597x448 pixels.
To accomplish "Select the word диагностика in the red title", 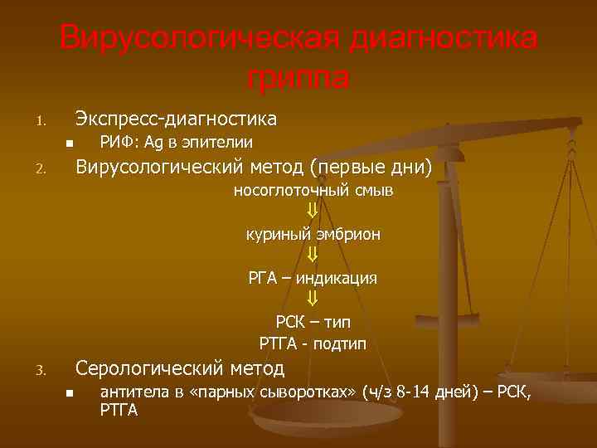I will click(444, 38).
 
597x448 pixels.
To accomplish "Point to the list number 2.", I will click(39, 171).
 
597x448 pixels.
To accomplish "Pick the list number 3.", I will click(39, 371).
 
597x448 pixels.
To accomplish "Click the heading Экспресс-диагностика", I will click(176, 118).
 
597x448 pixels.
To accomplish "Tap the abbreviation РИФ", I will click(114, 142).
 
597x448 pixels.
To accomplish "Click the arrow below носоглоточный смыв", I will click(313, 212).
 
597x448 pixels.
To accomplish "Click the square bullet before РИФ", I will click(70, 143).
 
